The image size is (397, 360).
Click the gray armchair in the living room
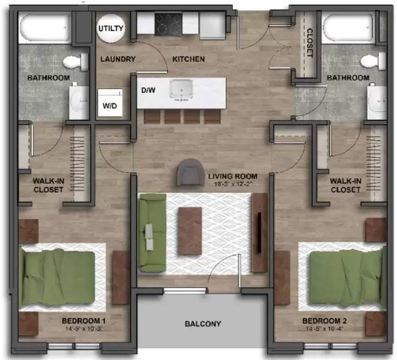(x=190, y=171)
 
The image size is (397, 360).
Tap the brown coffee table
(x=190, y=231)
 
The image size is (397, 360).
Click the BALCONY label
(x=203, y=324)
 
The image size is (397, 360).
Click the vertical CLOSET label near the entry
(x=309, y=43)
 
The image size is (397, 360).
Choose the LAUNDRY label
(x=118, y=59)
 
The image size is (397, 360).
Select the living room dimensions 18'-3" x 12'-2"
(x=233, y=184)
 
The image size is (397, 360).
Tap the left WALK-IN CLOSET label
(x=48, y=185)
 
